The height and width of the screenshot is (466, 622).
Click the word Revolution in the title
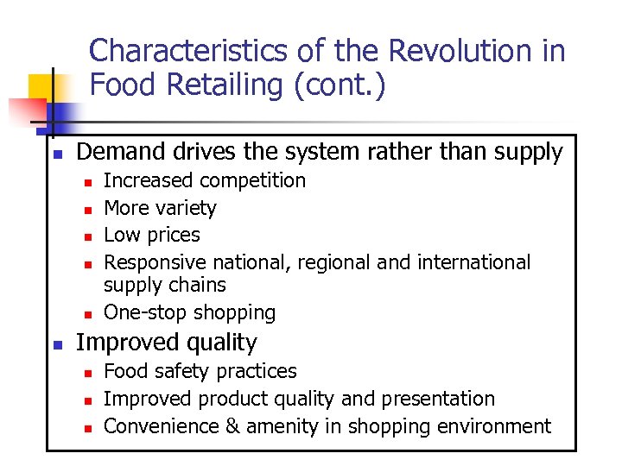454,52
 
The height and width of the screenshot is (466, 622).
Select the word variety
188,208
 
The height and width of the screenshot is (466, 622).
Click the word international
473,261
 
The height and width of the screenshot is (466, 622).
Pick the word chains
200,285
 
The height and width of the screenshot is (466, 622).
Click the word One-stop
143,312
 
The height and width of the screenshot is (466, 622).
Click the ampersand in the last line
238,425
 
